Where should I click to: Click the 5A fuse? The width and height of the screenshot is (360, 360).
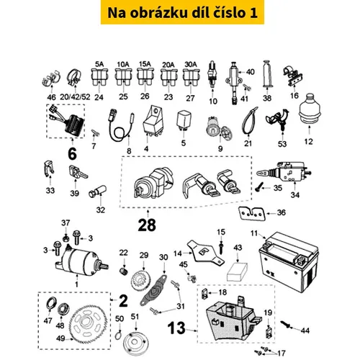(x=99, y=77)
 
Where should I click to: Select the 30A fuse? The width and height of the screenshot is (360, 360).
(x=191, y=77)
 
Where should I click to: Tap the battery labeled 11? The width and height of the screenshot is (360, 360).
(x=289, y=261)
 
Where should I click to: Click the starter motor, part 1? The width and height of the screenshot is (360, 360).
(x=81, y=261)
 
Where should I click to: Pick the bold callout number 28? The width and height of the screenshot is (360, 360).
(x=147, y=225)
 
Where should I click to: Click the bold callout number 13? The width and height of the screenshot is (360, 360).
(x=176, y=328)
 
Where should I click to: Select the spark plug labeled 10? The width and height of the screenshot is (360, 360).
(x=212, y=73)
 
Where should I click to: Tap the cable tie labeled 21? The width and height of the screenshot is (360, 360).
(x=249, y=121)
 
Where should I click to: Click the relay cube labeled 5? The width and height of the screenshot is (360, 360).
(x=184, y=120)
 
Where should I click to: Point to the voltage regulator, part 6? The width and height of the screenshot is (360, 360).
(x=73, y=125)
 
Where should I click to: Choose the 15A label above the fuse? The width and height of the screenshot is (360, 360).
(x=145, y=64)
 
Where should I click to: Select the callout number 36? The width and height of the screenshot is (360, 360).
(x=282, y=212)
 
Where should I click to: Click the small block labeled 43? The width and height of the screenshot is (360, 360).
(x=237, y=271)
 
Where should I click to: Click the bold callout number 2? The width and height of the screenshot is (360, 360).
(x=123, y=301)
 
